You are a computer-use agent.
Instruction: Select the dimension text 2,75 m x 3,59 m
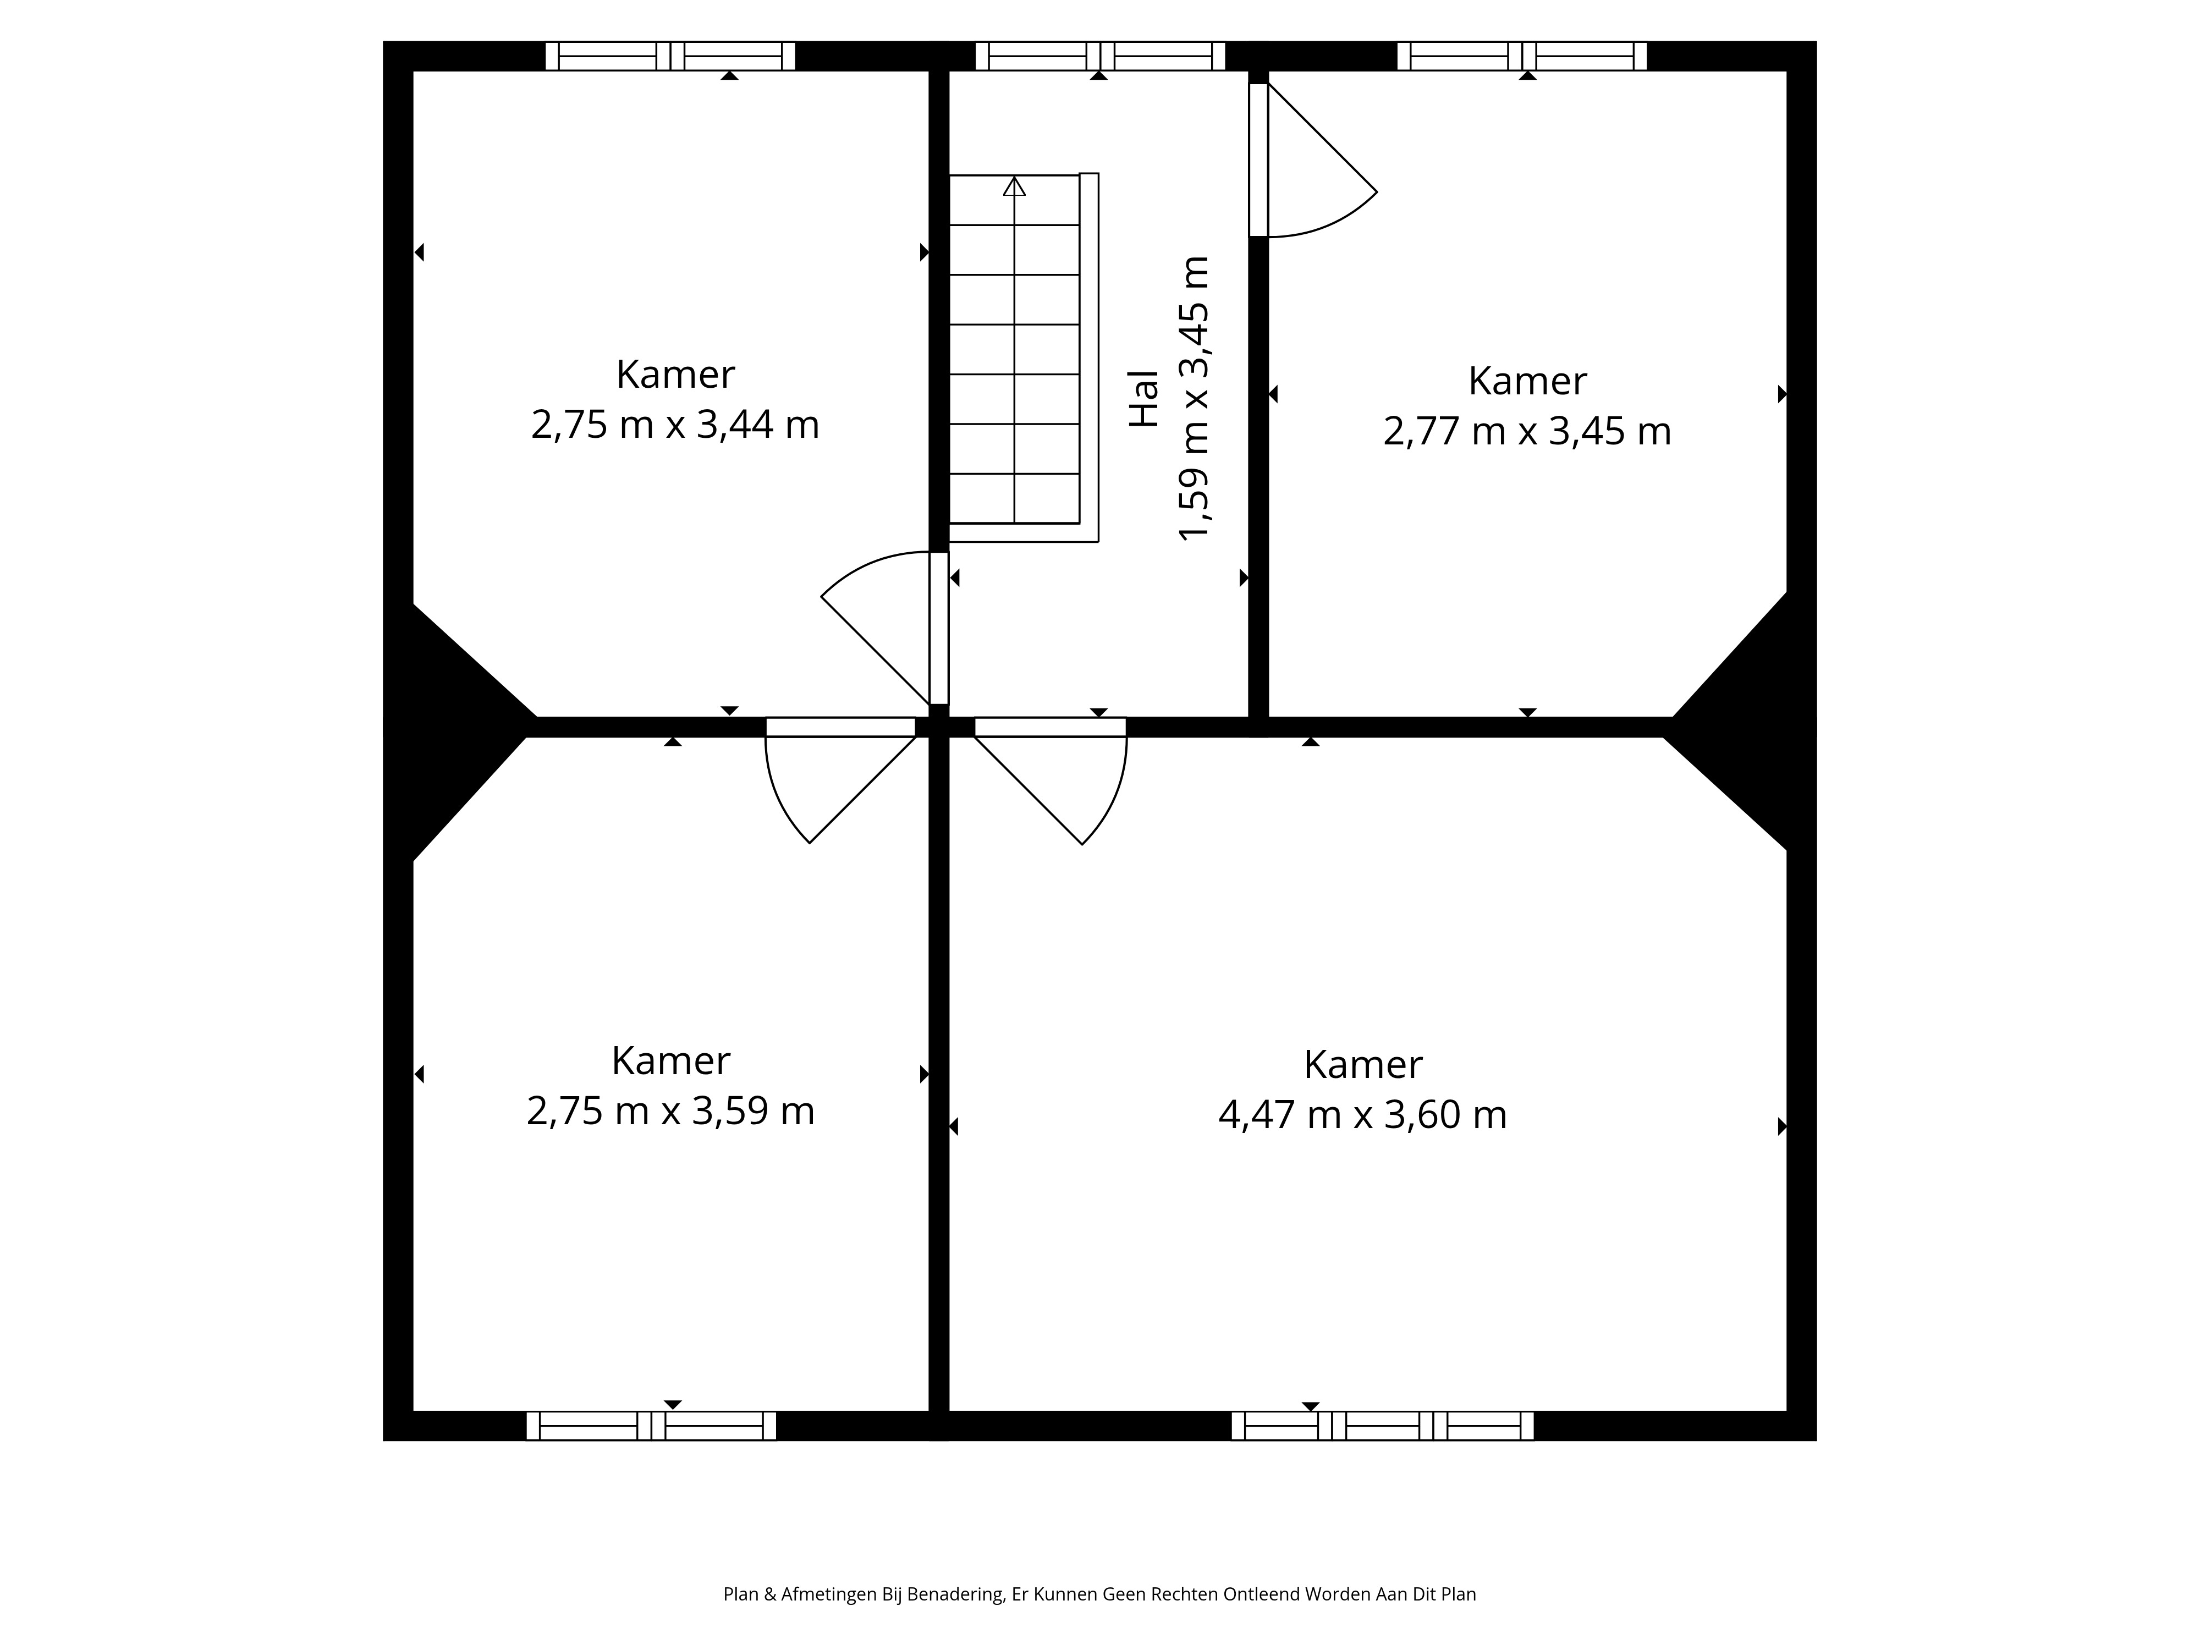click(670, 1111)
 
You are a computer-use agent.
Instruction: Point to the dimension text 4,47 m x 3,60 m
click(1362, 1115)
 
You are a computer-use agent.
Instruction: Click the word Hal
click(1145, 399)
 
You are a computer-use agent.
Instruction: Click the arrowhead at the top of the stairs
click(1014, 186)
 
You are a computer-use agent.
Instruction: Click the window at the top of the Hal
click(1100, 56)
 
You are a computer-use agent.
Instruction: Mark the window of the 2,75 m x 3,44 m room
click(670, 56)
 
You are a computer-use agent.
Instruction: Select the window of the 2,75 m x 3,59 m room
click(651, 1425)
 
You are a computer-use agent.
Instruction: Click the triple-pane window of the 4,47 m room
click(1383, 1425)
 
